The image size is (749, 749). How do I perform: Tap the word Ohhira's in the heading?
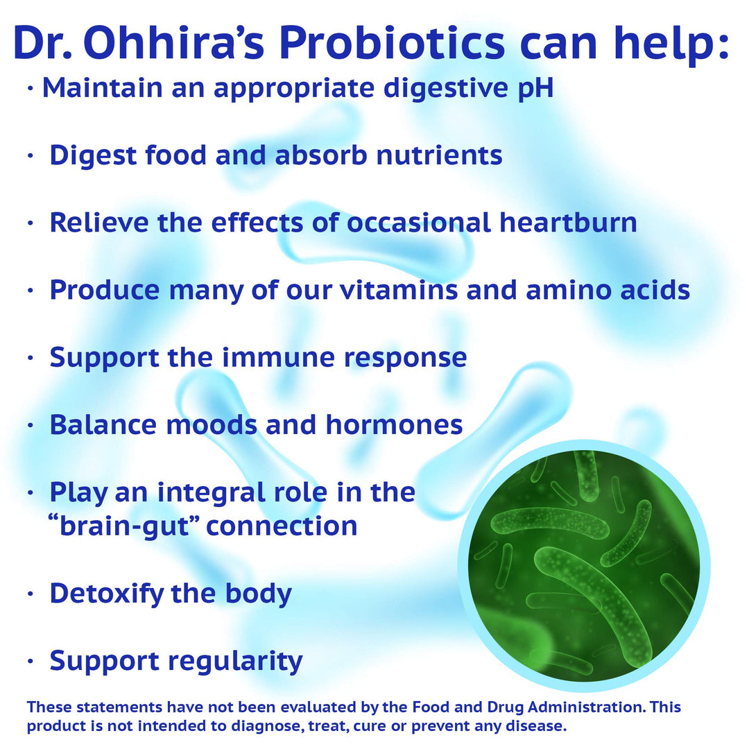click(171, 43)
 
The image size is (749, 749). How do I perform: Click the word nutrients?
click(439, 155)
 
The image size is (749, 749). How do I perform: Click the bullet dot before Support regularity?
click(30, 662)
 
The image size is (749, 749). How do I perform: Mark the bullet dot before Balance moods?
click(30, 425)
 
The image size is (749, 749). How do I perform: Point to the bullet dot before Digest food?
click(30, 156)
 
